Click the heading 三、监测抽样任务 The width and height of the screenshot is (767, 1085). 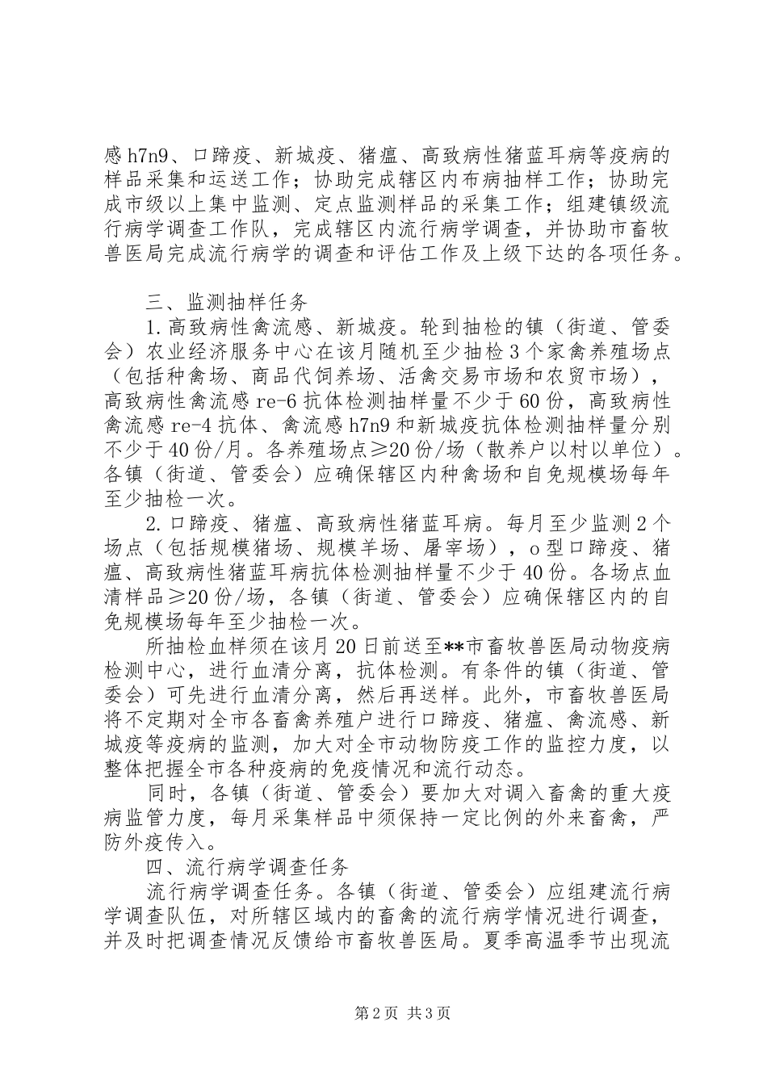click(226, 304)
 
